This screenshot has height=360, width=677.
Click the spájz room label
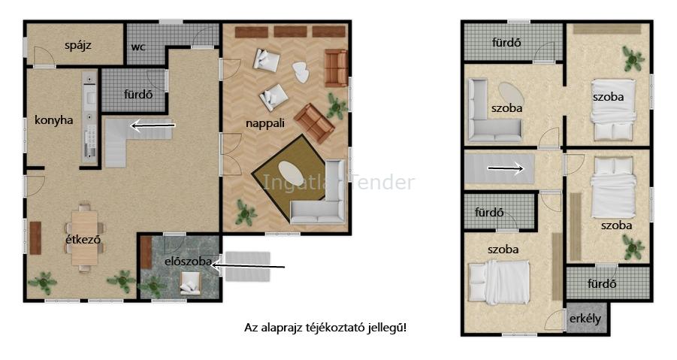77,45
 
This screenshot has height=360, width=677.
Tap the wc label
138,47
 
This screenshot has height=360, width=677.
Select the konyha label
53,119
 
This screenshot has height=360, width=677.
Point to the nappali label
265,123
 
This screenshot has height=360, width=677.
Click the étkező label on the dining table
83,239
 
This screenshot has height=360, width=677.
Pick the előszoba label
188,261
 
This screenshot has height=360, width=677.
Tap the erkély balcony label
585,319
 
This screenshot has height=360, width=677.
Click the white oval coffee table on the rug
291,174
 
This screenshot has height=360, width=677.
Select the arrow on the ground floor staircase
153,126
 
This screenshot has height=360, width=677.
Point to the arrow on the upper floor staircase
506,169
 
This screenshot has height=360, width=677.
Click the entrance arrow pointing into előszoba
248,266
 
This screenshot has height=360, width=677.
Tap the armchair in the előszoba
190,283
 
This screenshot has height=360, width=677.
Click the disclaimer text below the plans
325,328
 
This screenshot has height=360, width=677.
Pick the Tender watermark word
383,182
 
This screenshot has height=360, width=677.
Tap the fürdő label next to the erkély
601,283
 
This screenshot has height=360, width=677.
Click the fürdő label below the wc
138,94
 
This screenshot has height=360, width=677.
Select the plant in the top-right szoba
633,59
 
